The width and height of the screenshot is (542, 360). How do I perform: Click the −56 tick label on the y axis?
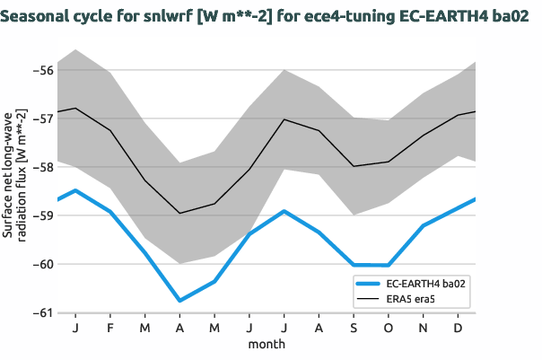click(x=43, y=69)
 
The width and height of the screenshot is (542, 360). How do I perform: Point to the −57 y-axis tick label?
click(x=43, y=118)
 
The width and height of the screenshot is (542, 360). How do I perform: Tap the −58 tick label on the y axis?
click(x=43, y=167)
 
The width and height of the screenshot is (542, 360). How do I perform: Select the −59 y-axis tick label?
click(x=43, y=215)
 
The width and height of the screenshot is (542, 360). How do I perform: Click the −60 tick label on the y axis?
click(x=43, y=264)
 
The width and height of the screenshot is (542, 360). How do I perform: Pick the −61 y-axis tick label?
click(x=43, y=312)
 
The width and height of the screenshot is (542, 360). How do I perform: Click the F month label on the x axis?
click(x=109, y=329)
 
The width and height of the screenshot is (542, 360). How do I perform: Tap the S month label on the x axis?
click(x=354, y=329)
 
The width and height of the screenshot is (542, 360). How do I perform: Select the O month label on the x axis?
click(x=389, y=329)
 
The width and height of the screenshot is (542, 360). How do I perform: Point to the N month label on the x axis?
click(x=424, y=329)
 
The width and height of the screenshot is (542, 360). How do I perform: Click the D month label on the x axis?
click(x=459, y=329)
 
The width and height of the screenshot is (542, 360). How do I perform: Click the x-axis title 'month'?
click(x=267, y=344)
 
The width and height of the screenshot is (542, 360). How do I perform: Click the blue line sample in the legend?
click(x=370, y=282)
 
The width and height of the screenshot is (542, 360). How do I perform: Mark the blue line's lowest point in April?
click(x=179, y=301)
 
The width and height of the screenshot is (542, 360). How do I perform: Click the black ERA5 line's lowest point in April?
click(x=179, y=213)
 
